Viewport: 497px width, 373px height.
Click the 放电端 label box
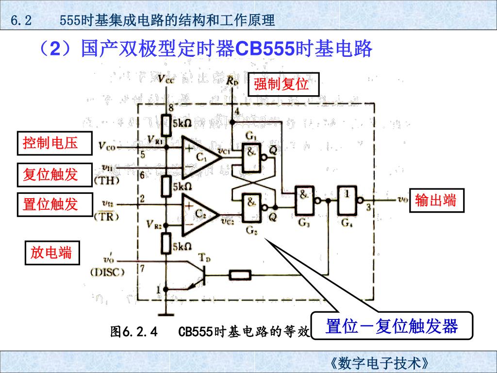tap(51, 253)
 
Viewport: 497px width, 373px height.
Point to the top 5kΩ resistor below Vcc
tap(166, 124)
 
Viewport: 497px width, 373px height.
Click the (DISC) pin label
tap(107, 272)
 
